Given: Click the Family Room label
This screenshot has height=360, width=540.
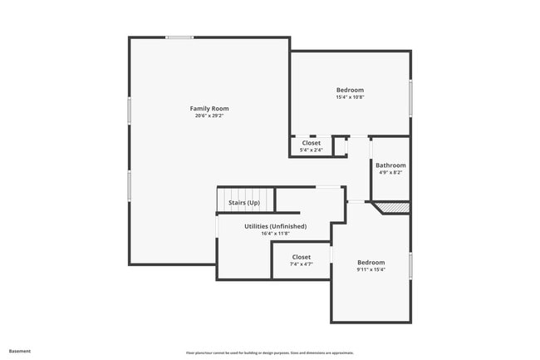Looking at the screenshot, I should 209,108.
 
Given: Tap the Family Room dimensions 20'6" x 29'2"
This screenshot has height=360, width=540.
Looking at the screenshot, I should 209,116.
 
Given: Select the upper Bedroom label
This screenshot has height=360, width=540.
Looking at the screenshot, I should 350,90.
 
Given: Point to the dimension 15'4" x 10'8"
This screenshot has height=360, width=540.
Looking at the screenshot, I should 350,98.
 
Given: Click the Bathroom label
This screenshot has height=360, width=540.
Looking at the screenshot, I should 390,165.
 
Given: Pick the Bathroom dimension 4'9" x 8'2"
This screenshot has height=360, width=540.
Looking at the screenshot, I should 390,173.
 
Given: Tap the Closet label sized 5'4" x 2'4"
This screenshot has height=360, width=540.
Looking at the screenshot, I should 311,143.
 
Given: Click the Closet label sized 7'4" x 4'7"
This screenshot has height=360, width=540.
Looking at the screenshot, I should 301,257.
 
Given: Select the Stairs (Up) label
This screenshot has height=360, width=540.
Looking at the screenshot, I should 243,203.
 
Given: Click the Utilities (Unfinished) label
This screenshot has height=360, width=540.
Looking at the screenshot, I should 275,226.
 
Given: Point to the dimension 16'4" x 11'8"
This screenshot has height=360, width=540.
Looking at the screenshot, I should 275,234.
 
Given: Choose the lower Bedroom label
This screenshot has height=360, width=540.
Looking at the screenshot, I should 371,262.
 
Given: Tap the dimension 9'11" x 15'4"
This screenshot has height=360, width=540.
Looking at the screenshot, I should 371,269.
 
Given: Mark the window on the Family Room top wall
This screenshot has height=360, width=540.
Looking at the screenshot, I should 179,37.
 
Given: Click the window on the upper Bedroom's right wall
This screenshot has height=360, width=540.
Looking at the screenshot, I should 410,97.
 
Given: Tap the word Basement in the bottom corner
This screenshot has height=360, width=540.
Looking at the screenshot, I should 20,351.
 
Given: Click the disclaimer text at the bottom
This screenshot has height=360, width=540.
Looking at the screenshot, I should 270,353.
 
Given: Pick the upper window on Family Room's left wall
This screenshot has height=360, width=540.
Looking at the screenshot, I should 129,111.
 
